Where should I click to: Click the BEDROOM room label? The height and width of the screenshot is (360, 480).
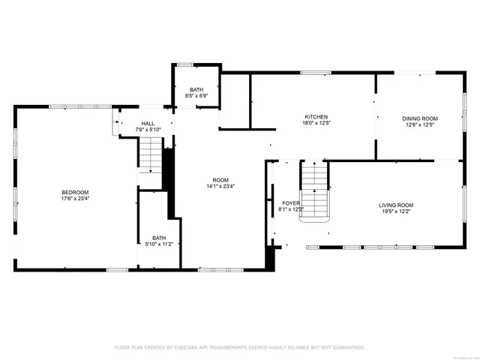pyautogui.click(x=75, y=192)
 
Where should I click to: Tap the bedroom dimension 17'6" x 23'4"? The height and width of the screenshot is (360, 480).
pyautogui.click(x=75, y=199)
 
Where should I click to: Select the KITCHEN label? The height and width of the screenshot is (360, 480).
pyautogui.click(x=316, y=117)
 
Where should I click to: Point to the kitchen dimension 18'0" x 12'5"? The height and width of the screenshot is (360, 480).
pyautogui.click(x=316, y=124)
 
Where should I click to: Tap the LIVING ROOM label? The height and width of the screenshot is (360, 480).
pyautogui.click(x=395, y=205)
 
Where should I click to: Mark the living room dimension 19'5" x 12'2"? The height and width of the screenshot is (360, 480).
pyautogui.click(x=395, y=211)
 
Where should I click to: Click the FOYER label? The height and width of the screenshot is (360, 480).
pyautogui.click(x=291, y=203)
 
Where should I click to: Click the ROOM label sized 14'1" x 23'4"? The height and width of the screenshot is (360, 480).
pyautogui.click(x=220, y=180)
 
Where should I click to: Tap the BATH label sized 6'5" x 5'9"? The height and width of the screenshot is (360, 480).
pyautogui.click(x=196, y=89)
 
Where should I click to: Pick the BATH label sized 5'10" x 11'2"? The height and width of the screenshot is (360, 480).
pyautogui.click(x=159, y=237)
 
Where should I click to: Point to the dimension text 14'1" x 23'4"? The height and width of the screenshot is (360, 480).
pyautogui.click(x=220, y=187)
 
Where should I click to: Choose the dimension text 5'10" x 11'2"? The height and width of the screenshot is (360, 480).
pyautogui.click(x=159, y=244)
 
